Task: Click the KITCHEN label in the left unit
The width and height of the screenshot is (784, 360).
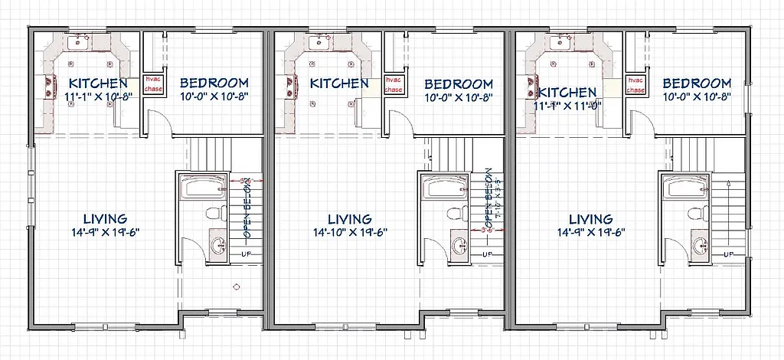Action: click(x=97, y=83)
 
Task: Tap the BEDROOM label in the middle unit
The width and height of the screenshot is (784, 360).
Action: click(x=458, y=83)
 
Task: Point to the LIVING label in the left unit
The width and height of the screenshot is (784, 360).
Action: click(x=97, y=218)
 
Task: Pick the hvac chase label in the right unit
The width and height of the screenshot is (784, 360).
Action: click(x=635, y=84)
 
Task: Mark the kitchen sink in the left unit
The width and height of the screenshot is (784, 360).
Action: click(x=77, y=43)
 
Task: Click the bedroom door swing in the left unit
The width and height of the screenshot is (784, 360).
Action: click(x=156, y=120)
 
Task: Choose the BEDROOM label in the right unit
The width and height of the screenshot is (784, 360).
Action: click(x=697, y=83)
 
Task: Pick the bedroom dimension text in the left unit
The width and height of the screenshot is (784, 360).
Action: click(x=214, y=97)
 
